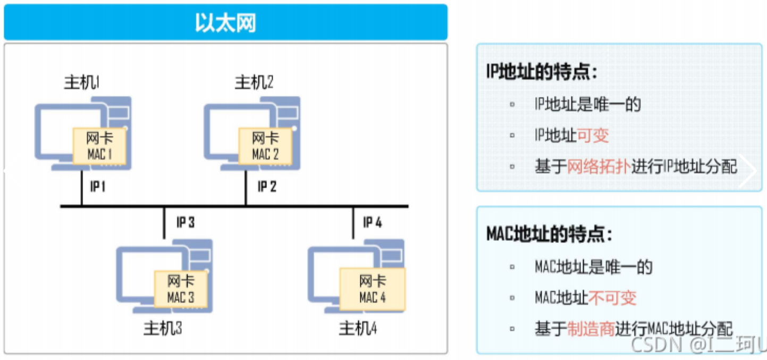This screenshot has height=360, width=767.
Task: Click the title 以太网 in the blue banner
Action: (x=225, y=23)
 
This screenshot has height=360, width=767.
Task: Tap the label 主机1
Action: (x=82, y=82)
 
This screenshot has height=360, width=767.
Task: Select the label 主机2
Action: (x=254, y=82)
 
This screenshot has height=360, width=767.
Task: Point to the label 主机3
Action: (x=163, y=328)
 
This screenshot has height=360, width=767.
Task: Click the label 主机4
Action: (x=358, y=328)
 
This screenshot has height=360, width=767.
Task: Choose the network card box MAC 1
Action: (x=99, y=146)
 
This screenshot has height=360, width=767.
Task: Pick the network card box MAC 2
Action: (x=265, y=146)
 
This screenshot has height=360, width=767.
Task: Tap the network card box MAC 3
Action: (x=181, y=289)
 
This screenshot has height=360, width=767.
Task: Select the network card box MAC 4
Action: (x=373, y=289)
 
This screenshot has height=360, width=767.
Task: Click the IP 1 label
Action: (x=98, y=187)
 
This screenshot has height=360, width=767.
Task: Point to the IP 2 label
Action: (x=267, y=187)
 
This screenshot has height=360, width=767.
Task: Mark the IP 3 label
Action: (x=186, y=222)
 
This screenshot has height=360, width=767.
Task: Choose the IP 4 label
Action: (x=373, y=222)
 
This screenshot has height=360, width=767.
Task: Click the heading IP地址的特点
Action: (x=542, y=72)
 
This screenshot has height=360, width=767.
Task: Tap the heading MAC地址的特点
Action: (x=549, y=235)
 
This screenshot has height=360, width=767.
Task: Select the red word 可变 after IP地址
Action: (x=593, y=135)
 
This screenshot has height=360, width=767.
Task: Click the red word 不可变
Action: (x=612, y=298)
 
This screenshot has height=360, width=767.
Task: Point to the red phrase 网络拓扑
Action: (x=599, y=167)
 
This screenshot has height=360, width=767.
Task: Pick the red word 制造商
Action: (x=591, y=329)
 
